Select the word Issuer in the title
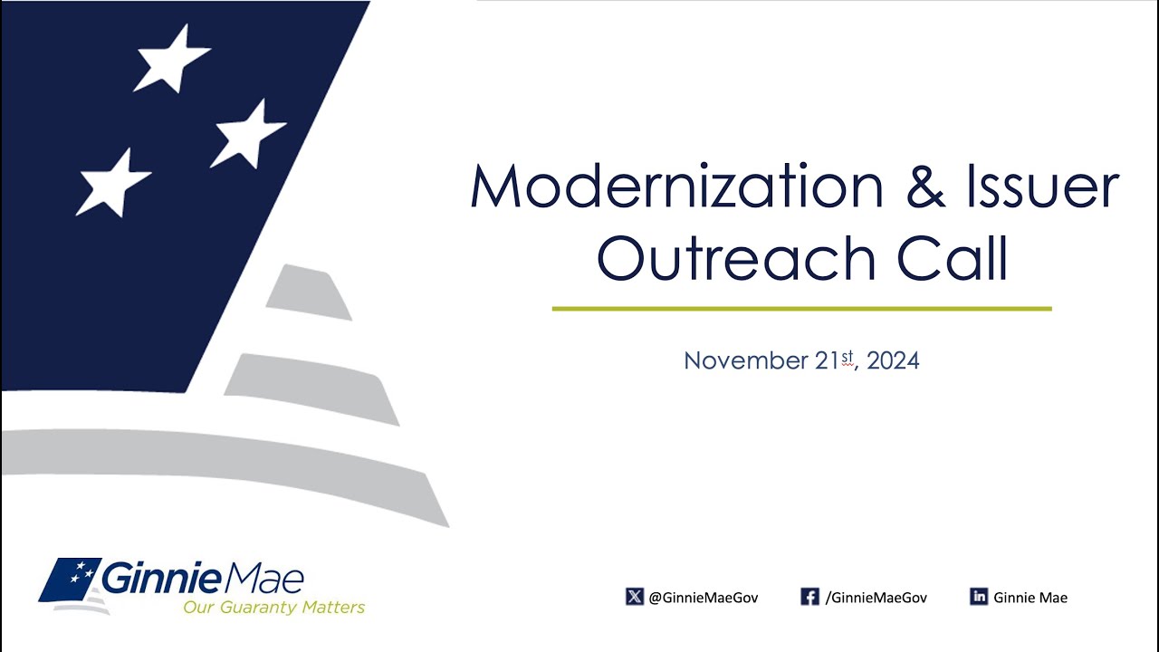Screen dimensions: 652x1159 point(1056,187)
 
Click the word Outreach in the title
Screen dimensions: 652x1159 point(736,259)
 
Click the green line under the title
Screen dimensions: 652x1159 point(801,309)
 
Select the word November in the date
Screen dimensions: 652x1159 point(745,361)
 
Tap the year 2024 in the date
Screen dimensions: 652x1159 point(893,361)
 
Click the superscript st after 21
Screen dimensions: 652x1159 point(848,358)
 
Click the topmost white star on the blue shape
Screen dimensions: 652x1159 point(172,59)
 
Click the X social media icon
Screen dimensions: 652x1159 point(634,597)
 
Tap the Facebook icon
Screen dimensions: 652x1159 point(809,597)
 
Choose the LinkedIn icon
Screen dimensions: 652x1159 point(978,597)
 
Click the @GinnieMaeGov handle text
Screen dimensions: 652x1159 point(704,598)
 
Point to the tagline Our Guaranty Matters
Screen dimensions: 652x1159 point(273,607)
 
